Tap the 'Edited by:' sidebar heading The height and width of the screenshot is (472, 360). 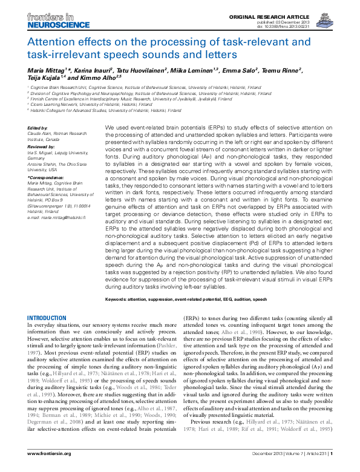[38, 128]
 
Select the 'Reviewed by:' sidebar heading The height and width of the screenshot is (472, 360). [42, 146]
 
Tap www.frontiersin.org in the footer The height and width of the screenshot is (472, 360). [50, 462]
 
